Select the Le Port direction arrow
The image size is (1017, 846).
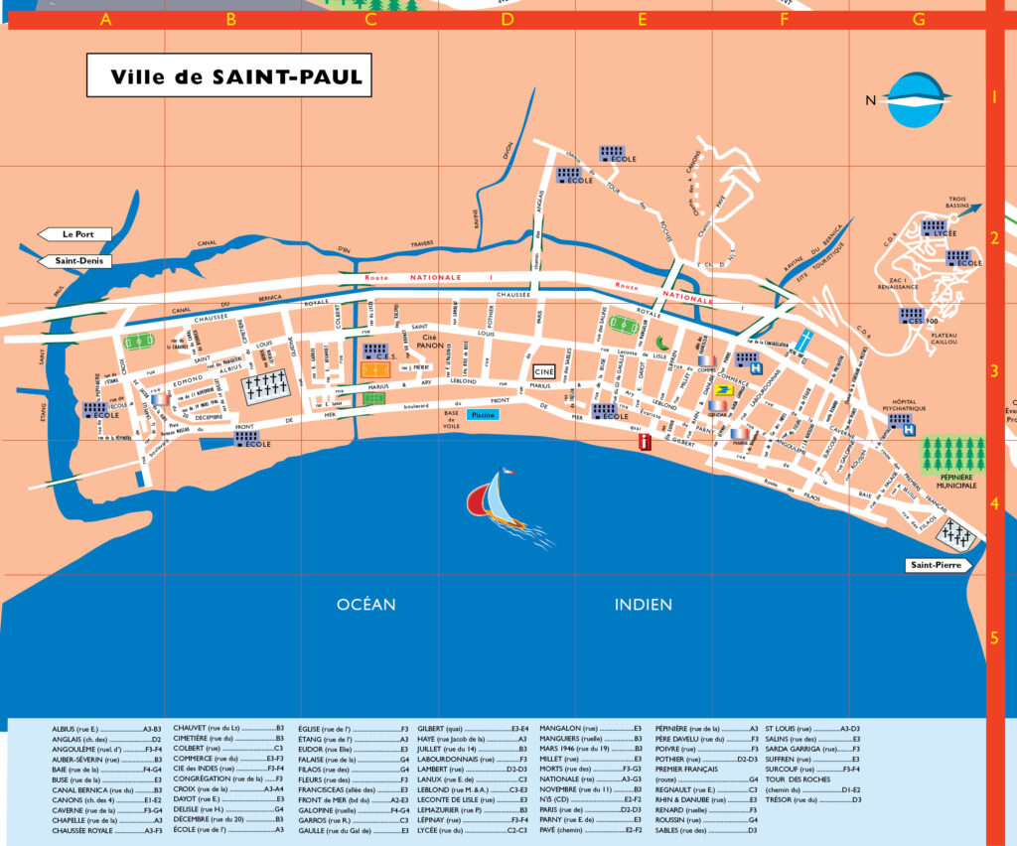(x=74, y=234)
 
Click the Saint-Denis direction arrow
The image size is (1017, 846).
(x=74, y=262)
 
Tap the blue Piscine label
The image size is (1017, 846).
(x=483, y=414)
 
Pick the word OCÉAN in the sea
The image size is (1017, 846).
(x=365, y=604)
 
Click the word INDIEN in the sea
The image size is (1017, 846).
(x=643, y=604)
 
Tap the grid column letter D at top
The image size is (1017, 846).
(x=508, y=19)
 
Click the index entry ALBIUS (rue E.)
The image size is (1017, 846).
(x=83, y=730)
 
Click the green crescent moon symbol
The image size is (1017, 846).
(x=661, y=343)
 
